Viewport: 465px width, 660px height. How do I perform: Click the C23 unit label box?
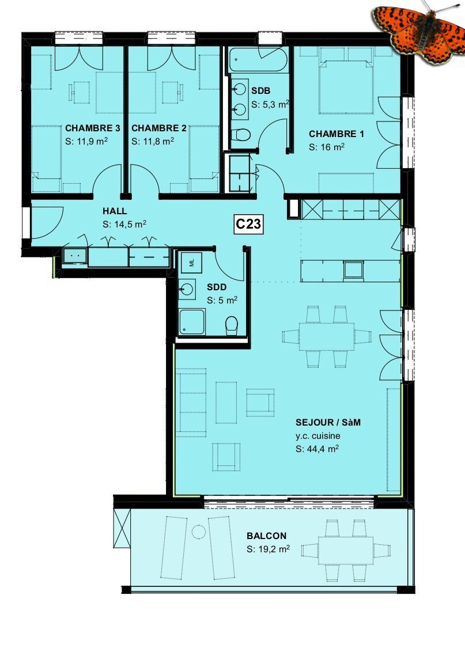248,224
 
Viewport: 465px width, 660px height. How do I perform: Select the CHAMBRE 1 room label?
336,134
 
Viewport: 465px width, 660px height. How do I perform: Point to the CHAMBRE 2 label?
159,128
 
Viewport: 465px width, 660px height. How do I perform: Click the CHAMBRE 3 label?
93,128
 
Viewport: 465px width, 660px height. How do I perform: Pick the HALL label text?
115,211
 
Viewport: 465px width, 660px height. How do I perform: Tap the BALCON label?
267,536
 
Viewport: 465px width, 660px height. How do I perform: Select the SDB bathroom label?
260,91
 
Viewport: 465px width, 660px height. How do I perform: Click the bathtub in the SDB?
258,59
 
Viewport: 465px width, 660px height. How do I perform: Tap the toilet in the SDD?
231,326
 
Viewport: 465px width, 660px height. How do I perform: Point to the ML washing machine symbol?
192,263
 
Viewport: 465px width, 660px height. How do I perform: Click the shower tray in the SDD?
192,322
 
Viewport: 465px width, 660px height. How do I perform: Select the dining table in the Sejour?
327,337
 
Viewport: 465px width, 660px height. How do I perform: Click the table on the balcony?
346,550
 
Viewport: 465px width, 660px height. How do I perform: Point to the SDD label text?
217,287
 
